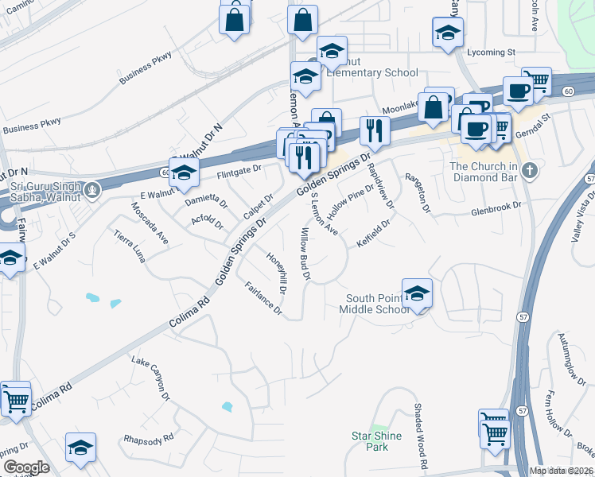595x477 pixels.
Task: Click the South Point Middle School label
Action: click(x=377, y=304)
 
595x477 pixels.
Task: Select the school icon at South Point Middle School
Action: click(x=417, y=293)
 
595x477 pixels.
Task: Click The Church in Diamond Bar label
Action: click(x=484, y=171)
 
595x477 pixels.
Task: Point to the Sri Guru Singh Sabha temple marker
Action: click(x=93, y=190)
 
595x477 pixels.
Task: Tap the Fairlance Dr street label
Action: click(x=263, y=299)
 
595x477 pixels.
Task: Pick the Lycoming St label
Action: click(x=491, y=52)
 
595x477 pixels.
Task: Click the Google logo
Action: click(x=25, y=467)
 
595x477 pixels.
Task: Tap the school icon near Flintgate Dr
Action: click(x=184, y=173)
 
